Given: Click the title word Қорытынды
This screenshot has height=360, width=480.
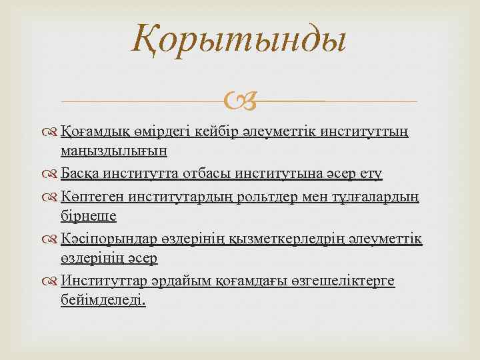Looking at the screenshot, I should [239, 39].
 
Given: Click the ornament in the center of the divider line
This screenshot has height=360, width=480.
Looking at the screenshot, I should [239, 101].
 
